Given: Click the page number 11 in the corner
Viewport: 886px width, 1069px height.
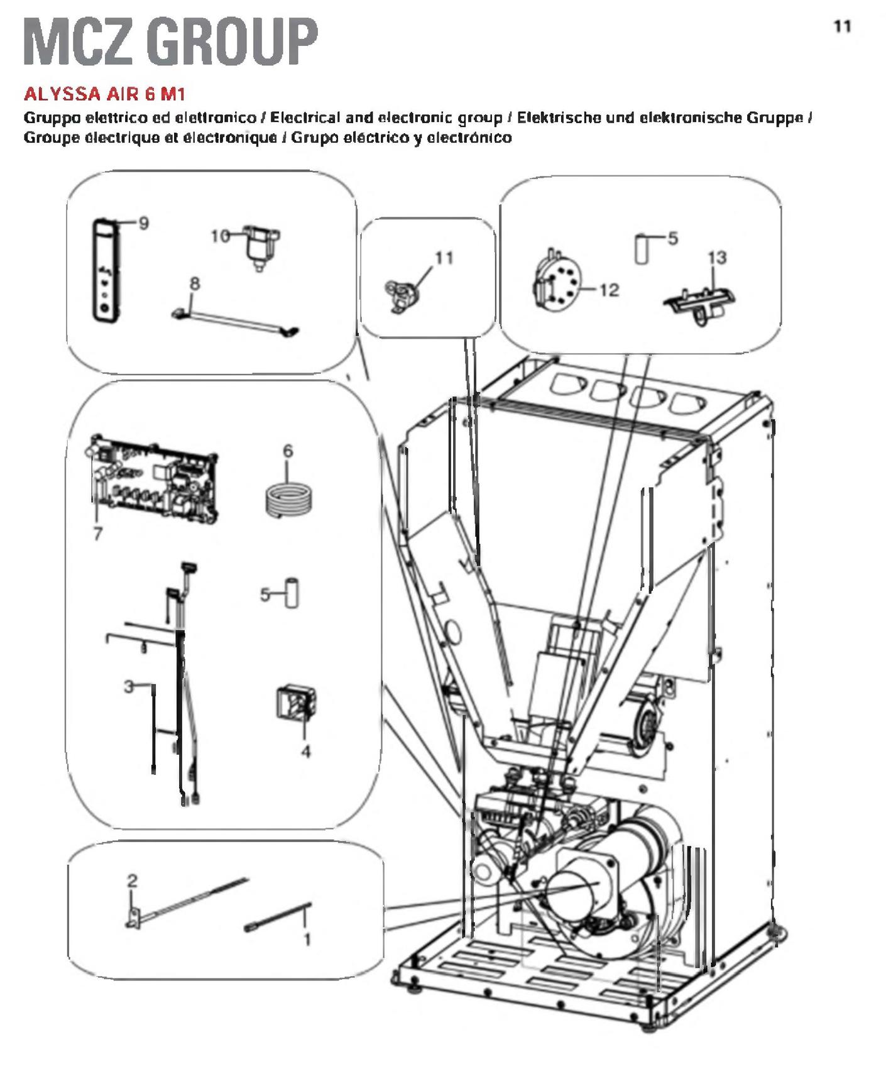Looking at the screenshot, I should tap(842, 26).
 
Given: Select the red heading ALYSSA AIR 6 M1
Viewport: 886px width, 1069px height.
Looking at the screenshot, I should tap(104, 94).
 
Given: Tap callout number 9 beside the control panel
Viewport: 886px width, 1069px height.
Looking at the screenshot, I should tap(144, 223).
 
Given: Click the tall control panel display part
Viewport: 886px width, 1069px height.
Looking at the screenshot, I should tap(104, 270).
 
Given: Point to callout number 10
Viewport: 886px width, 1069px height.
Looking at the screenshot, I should tap(220, 236).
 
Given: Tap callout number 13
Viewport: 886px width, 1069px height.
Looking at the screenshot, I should tap(717, 258).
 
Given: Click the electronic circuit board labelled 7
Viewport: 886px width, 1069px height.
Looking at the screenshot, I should tap(154, 480).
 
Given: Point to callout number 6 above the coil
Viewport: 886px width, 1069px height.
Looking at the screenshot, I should tap(288, 451).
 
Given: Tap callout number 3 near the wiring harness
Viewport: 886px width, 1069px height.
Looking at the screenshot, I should tap(129, 686).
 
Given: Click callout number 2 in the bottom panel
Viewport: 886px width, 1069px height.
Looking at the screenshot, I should tap(132, 880).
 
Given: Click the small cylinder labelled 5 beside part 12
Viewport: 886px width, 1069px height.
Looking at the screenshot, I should tap(641, 249).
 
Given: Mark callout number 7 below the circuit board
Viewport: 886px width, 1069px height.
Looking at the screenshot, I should tap(97, 534).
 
